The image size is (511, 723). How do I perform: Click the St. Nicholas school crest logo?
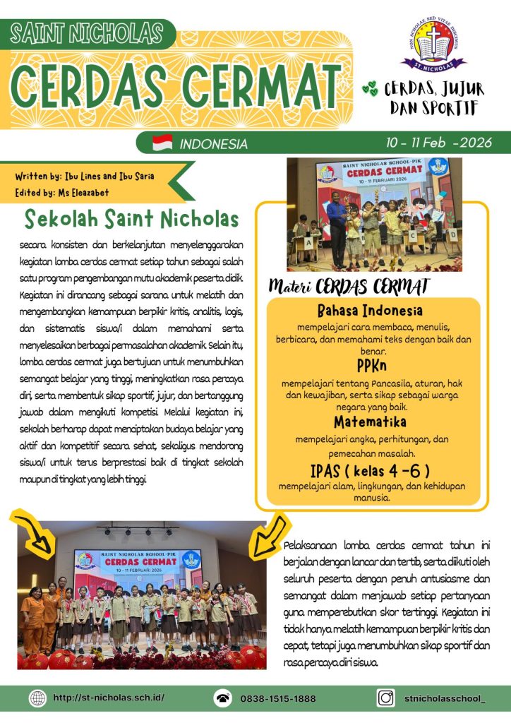(433, 44)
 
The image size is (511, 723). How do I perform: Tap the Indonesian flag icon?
(162, 143)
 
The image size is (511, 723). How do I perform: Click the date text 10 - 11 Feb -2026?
(438, 142)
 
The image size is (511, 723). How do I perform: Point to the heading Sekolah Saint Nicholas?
(131, 219)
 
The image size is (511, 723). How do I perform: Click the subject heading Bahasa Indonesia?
(370, 311)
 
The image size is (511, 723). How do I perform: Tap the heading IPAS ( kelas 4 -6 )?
(370, 470)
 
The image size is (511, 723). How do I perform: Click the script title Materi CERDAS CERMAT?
(349, 287)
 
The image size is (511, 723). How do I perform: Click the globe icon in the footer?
(37, 698)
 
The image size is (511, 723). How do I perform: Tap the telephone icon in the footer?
(223, 698)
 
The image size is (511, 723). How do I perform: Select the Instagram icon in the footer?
(385, 698)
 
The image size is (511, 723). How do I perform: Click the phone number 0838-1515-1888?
(278, 698)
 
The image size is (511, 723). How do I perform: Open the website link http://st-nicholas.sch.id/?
(109, 698)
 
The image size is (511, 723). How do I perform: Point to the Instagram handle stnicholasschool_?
(445, 698)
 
